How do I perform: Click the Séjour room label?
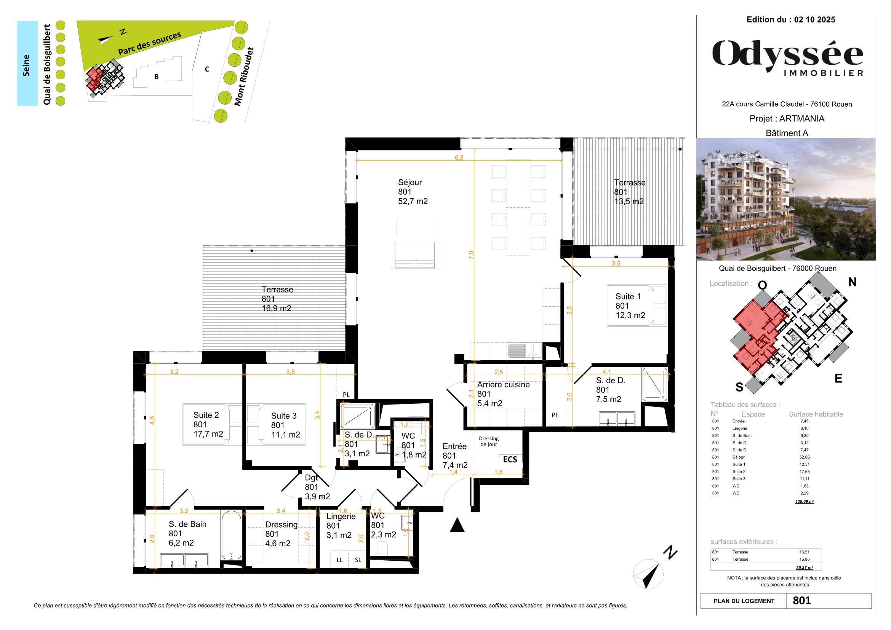(x=412, y=192)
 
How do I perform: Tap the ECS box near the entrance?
(x=510, y=460)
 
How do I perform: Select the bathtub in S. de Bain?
(x=231, y=535)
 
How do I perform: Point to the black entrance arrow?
(x=457, y=525)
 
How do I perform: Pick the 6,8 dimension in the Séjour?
(x=459, y=158)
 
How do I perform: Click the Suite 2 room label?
(x=208, y=424)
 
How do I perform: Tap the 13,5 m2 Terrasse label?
(x=629, y=192)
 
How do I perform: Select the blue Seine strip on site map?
(x=27, y=64)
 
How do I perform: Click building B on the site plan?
(x=157, y=77)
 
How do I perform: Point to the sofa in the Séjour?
(x=415, y=255)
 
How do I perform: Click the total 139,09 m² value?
(x=804, y=502)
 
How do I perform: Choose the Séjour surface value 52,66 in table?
(x=804, y=457)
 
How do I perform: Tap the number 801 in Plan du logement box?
(x=801, y=601)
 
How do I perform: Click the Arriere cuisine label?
(x=503, y=394)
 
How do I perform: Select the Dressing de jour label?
(x=489, y=441)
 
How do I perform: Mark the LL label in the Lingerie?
(x=339, y=560)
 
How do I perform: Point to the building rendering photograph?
(x=786, y=199)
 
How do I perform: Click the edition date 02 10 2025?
(x=814, y=20)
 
